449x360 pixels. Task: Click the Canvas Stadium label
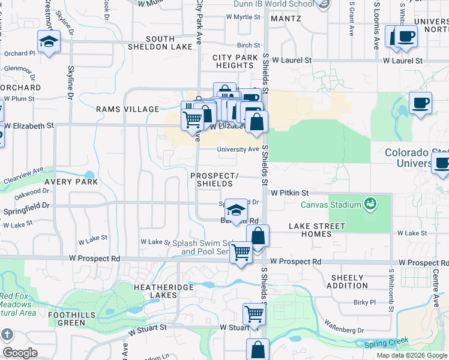pos(331,205)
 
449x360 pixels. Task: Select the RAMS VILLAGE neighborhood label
pos(128,109)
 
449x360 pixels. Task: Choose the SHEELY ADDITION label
pos(348,282)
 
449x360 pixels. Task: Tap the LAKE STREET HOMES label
pos(316,230)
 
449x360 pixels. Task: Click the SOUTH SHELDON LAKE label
pos(160,43)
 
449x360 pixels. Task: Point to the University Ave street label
pos(238,149)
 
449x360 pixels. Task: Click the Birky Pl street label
pos(364,302)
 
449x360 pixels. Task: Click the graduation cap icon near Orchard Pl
pos(49,41)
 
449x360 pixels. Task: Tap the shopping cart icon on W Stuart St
pos(254,314)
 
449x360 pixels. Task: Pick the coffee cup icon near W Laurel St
pos(406,36)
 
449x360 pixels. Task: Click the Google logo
pos(19,353)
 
